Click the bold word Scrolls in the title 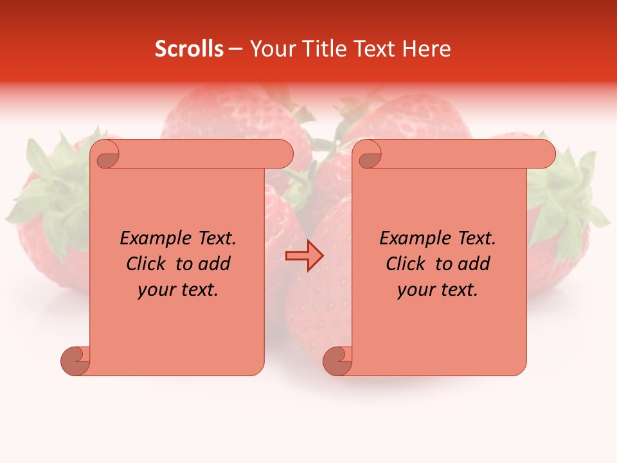[x=190, y=49]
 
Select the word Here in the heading [x=427, y=49]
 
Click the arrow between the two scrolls [x=304, y=256]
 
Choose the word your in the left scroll [x=156, y=290]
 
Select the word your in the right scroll [x=415, y=290]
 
